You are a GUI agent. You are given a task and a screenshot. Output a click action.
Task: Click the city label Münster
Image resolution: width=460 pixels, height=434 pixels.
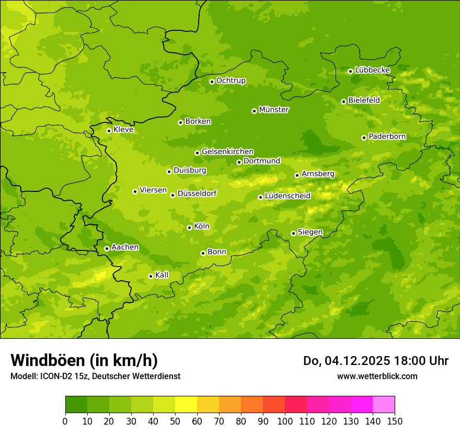click(274, 110)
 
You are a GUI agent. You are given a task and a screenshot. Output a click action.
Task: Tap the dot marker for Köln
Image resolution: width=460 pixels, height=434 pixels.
click(189, 227)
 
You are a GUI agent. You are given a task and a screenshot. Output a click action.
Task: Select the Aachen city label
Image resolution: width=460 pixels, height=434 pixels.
click(125, 247)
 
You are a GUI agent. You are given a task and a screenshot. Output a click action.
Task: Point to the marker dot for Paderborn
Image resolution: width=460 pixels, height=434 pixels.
click(364, 138)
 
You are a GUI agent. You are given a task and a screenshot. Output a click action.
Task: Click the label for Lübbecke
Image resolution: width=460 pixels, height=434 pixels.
click(372, 70)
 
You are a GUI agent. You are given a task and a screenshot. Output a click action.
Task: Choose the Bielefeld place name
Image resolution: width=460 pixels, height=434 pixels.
click(364, 100)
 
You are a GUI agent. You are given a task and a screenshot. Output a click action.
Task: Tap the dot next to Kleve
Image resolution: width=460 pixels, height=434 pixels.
click(109, 131)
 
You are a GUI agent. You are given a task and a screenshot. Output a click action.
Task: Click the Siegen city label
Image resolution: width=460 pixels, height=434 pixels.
click(310, 232)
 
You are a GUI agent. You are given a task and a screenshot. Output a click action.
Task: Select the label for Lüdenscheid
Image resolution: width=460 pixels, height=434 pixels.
click(287, 196)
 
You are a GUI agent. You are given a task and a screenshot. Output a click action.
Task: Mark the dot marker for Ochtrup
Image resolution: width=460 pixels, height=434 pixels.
click(212, 82)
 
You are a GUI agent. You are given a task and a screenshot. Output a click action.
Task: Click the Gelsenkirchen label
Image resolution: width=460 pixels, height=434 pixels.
click(227, 152)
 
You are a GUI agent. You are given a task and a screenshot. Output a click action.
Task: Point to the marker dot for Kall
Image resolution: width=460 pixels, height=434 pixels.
click(151, 276)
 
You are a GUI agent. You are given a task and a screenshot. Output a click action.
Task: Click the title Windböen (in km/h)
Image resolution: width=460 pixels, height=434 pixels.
click(84, 360)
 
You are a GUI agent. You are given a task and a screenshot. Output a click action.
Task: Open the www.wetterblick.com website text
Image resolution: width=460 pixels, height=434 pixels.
click(377, 376)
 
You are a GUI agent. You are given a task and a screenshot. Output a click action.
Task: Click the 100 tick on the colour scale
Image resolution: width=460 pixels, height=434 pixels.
click(285, 420)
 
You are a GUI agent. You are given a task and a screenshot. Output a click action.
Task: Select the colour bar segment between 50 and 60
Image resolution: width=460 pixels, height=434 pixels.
click(186, 405)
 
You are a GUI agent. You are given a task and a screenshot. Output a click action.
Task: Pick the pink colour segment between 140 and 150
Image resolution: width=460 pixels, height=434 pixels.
click(384, 405)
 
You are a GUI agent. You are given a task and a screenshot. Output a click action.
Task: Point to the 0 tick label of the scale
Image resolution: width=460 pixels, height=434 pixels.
click(65, 420)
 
